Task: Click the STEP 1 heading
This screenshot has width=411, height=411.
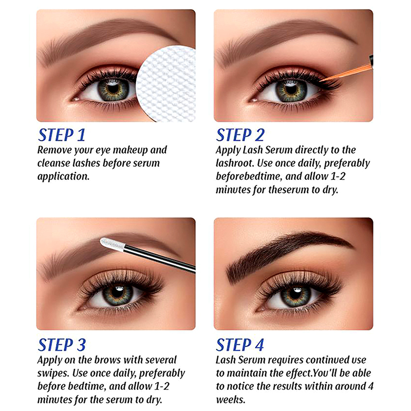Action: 62,135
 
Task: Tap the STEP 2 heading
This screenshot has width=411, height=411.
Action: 240,135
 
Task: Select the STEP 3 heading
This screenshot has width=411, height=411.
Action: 62,345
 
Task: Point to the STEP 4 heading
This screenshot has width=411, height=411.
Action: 240,345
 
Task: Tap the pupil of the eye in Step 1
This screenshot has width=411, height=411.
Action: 113,88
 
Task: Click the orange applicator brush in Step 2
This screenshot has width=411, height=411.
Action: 346,71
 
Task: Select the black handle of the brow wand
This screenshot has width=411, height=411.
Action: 160,258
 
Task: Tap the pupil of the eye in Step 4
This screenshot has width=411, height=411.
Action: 296,293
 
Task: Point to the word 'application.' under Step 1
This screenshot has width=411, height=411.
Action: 63,177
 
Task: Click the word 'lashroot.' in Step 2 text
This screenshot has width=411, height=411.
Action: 235,163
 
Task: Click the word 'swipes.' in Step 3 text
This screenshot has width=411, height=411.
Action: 53,373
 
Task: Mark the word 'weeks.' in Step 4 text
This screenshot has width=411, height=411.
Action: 231,400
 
